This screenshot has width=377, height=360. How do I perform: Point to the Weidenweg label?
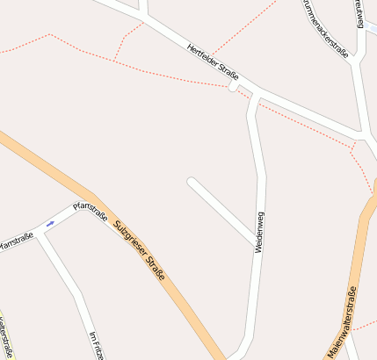tap(259, 233)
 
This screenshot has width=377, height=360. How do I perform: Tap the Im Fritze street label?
tap(98, 343)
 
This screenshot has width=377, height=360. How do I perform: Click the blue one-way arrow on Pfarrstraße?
tap(50, 223)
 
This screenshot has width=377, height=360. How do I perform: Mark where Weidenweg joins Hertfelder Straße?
tap(256, 93)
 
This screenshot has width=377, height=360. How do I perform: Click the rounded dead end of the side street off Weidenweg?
tap(191, 182)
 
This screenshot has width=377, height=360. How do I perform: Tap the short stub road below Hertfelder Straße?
tap(233, 87)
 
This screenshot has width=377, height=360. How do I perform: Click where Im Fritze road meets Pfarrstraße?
tap(39, 234)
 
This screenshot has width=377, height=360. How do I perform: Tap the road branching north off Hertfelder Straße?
tap(143, 9)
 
